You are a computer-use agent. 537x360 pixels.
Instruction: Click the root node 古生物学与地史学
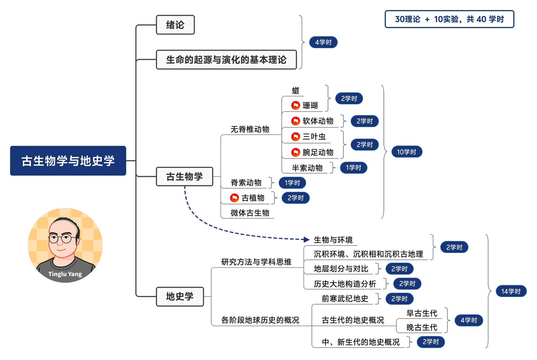[68, 161]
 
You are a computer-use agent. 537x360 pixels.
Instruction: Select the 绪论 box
[175, 25]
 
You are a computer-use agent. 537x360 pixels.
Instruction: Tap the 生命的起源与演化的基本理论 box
[226, 60]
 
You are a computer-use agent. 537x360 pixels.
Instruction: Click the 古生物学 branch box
[184, 176]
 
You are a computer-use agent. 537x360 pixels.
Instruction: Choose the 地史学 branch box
[180, 296]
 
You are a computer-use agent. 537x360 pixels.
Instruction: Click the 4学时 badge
[323, 42]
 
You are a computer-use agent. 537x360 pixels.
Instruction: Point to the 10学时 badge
[406, 152]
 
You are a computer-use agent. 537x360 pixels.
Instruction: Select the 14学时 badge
[511, 291]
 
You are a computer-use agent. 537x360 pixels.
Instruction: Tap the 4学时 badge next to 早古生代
[469, 320]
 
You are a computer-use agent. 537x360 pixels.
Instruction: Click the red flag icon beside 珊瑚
[295, 106]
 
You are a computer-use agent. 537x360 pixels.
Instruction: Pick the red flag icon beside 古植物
[234, 198]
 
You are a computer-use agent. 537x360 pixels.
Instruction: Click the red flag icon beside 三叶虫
[295, 137]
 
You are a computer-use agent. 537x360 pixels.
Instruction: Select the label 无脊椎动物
[250, 129]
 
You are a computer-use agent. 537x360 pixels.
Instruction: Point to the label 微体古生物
[250, 213]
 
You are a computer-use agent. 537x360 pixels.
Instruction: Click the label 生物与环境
[333, 240]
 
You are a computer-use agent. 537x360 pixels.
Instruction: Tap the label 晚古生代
[422, 327]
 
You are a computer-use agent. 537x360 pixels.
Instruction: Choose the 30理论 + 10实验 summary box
[449, 19]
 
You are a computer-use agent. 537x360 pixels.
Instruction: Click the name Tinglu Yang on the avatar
[65, 274]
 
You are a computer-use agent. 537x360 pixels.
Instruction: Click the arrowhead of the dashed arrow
[306, 239]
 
